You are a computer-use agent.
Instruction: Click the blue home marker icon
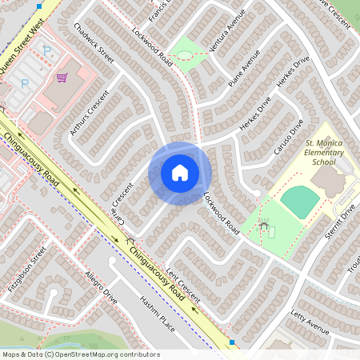pyautogui.click(x=179, y=173)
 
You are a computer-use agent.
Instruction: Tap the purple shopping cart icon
pyautogui.click(x=62, y=78)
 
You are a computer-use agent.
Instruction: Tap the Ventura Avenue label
pyautogui.click(x=225, y=34)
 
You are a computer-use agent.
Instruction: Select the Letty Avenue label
pyautogui.click(x=310, y=320)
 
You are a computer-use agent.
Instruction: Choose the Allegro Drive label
pyautogui.click(x=101, y=287)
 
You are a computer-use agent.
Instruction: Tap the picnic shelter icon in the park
pyautogui.click(x=263, y=226)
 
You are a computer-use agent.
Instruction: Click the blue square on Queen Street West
pyautogui.click(x=39, y=5)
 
